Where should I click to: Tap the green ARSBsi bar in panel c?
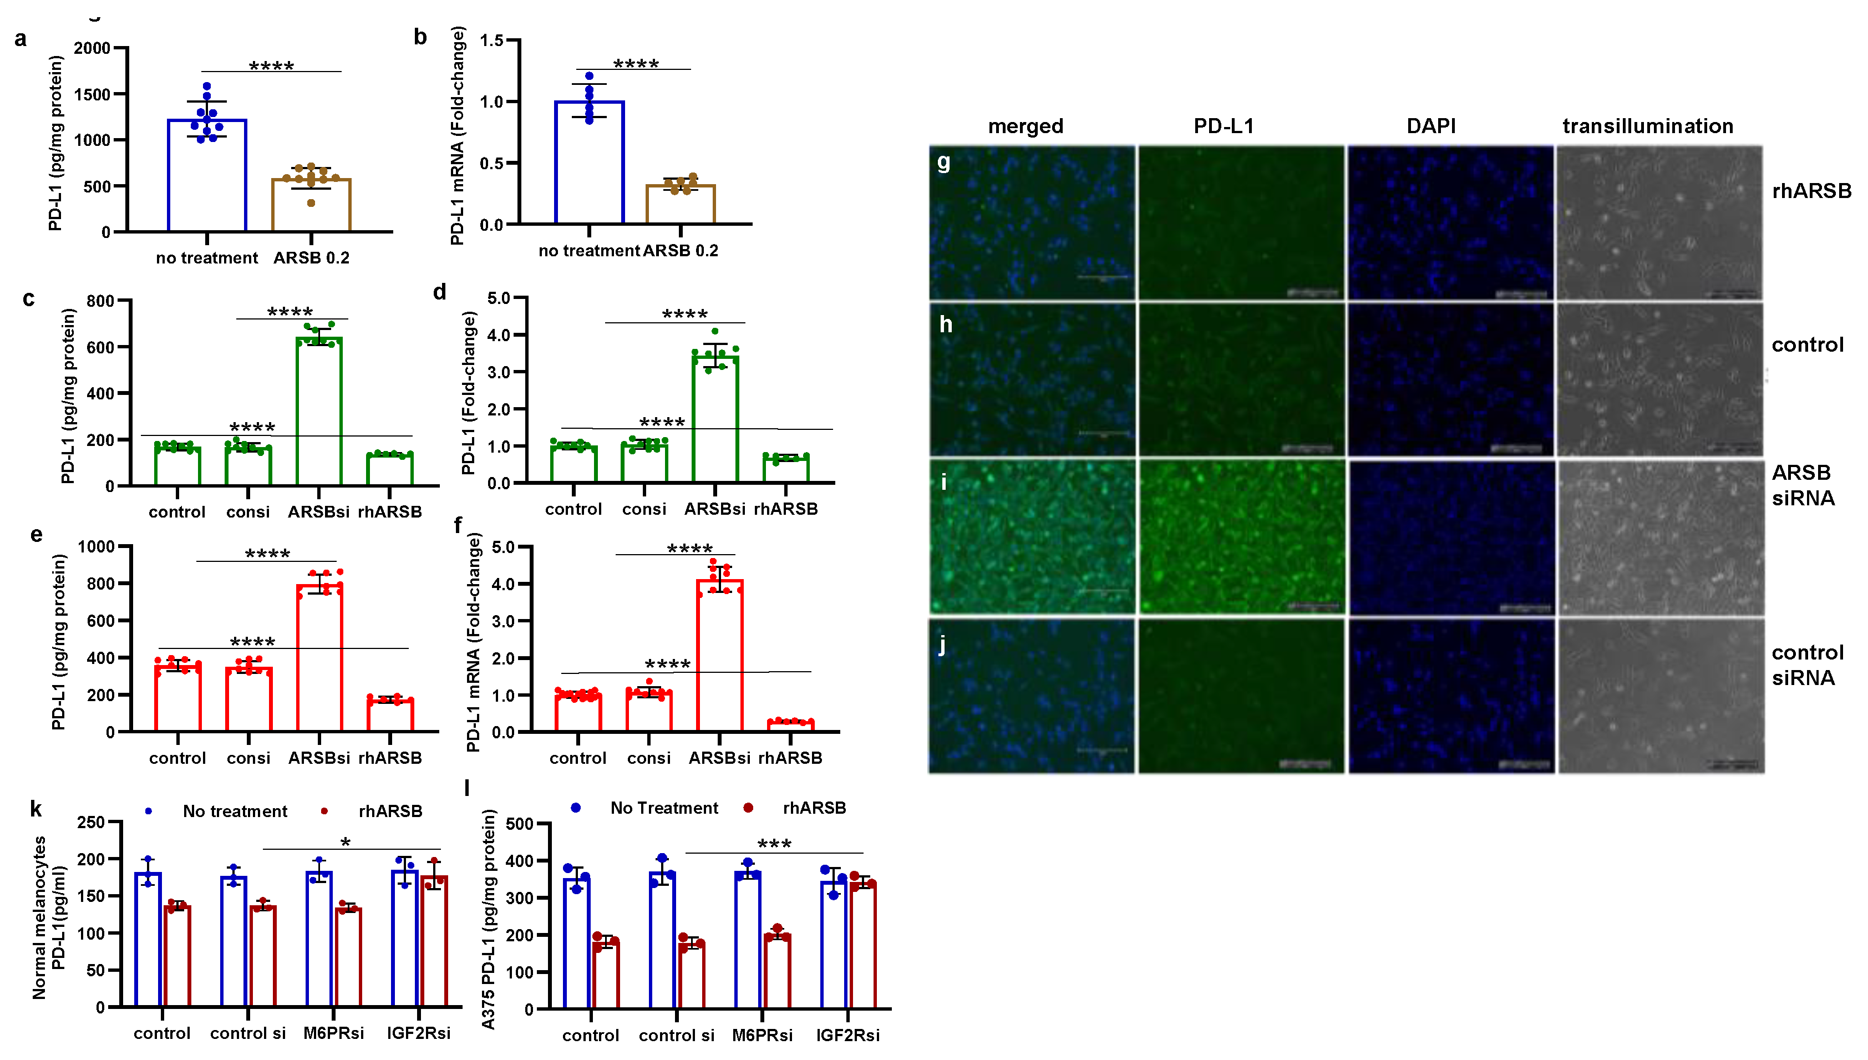coord(319,412)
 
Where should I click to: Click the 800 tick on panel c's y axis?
coord(100,301)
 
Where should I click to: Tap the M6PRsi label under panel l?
coord(762,1035)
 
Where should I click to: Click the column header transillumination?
coord(1647,126)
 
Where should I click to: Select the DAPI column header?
coord(1430,126)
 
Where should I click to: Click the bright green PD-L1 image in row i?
coord(1241,536)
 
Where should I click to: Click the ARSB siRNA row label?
coord(1803,485)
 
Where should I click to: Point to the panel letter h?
coord(946,324)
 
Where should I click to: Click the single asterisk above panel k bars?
coord(346,843)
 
